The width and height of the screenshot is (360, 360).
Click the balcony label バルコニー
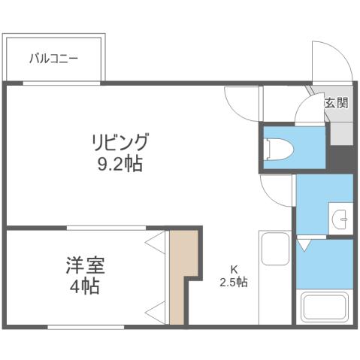[x=53, y=57]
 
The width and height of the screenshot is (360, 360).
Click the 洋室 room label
[x=84, y=265]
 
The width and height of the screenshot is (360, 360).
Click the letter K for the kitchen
[x=234, y=270]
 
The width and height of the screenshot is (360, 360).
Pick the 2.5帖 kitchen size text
[x=234, y=283]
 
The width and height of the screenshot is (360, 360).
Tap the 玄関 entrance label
[x=336, y=103]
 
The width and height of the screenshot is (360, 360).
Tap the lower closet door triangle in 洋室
[x=156, y=310]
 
